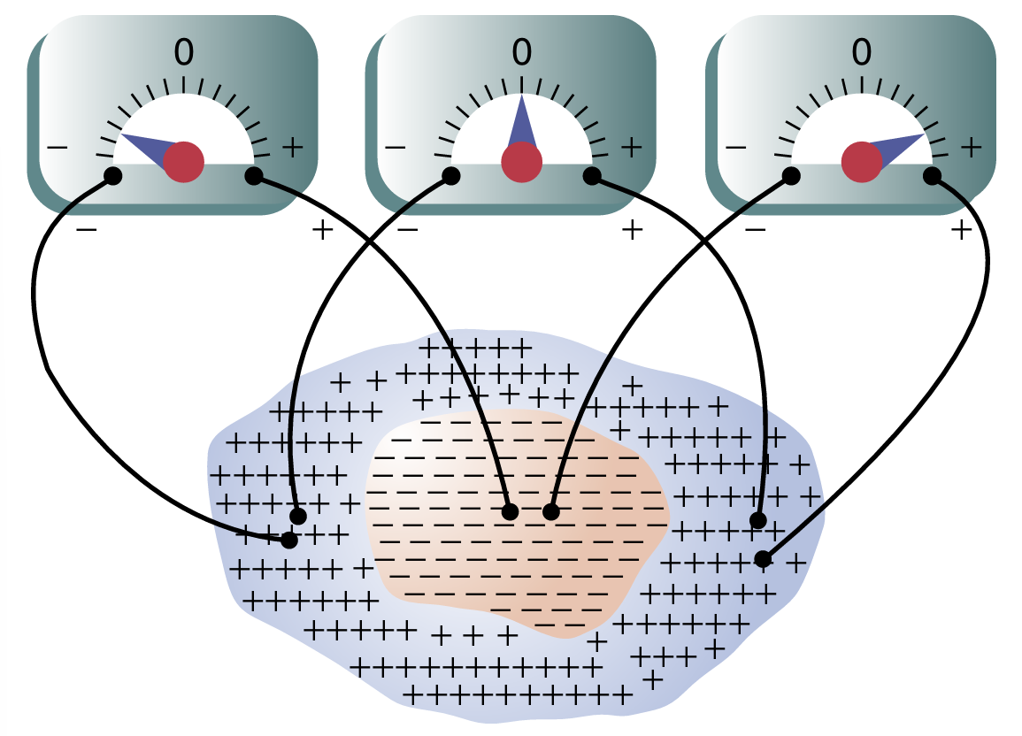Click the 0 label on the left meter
(183, 54)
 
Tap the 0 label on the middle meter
(522, 54)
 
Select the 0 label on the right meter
(861, 54)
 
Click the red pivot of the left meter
(184, 162)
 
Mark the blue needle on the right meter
(898, 146)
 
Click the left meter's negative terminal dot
(112, 175)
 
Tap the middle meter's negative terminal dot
(450, 175)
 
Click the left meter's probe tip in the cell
(289, 539)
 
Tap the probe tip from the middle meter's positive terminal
(757, 519)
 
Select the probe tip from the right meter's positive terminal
(762, 559)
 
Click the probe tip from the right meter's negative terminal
(551, 511)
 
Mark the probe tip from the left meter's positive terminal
(510, 511)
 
